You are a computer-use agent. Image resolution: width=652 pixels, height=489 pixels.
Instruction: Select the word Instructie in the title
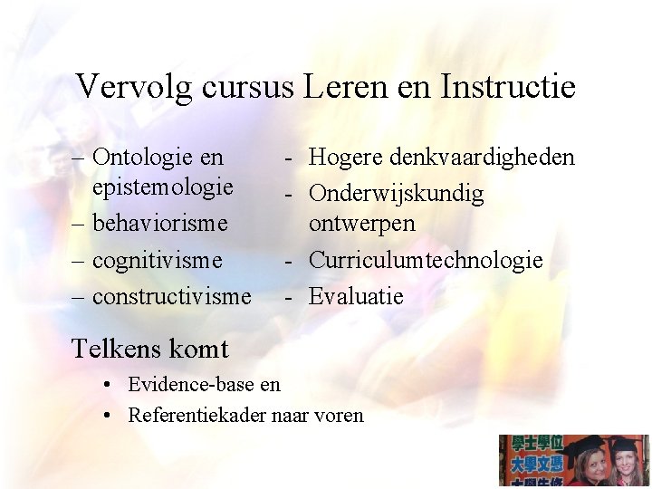click(x=507, y=87)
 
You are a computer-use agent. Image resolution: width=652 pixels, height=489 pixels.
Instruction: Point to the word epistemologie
click(x=163, y=187)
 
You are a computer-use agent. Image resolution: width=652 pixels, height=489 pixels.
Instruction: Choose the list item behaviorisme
click(x=159, y=223)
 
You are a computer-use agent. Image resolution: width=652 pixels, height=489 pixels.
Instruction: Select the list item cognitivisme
click(x=157, y=260)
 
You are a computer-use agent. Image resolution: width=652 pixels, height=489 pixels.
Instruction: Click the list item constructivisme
click(x=171, y=296)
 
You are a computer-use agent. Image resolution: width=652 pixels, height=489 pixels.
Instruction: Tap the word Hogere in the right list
click(x=346, y=158)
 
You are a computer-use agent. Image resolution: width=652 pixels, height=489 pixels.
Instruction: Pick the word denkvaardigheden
click(x=482, y=158)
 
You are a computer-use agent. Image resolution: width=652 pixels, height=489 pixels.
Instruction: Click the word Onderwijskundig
click(x=397, y=194)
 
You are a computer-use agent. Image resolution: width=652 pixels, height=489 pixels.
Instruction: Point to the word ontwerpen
click(x=362, y=223)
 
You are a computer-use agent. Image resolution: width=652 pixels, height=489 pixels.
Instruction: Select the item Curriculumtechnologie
click(x=426, y=260)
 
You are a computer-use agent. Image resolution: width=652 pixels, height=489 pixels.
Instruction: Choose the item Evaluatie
click(x=356, y=296)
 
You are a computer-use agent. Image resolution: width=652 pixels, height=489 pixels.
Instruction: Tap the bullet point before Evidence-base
click(x=107, y=384)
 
